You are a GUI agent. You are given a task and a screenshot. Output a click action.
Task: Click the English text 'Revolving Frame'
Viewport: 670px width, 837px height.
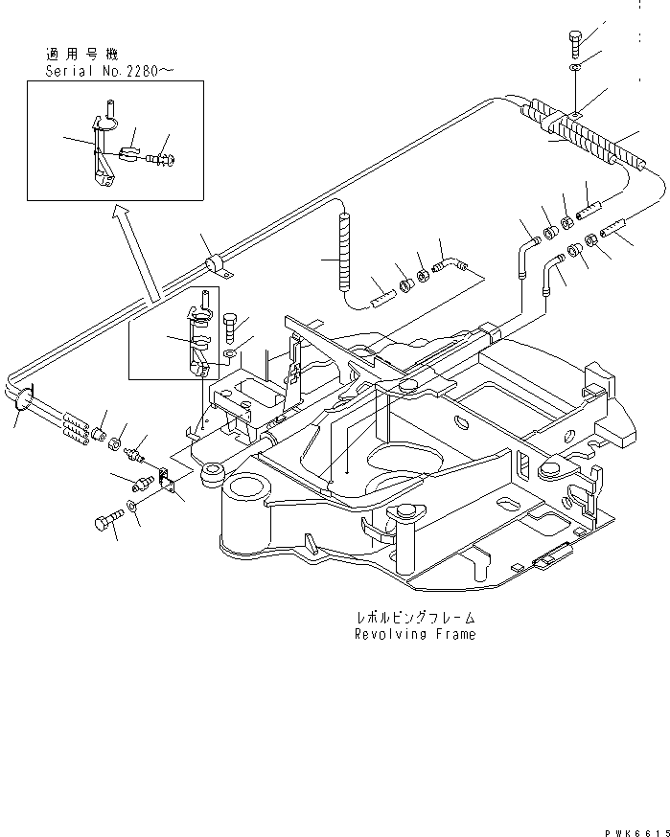pyautogui.click(x=414, y=634)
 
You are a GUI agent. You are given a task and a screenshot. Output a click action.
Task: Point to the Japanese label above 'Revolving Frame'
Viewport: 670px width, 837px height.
pyautogui.click(x=414, y=619)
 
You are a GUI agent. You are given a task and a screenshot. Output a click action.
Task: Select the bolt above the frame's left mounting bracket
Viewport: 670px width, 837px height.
pyautogui.click(x=229, y=328)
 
